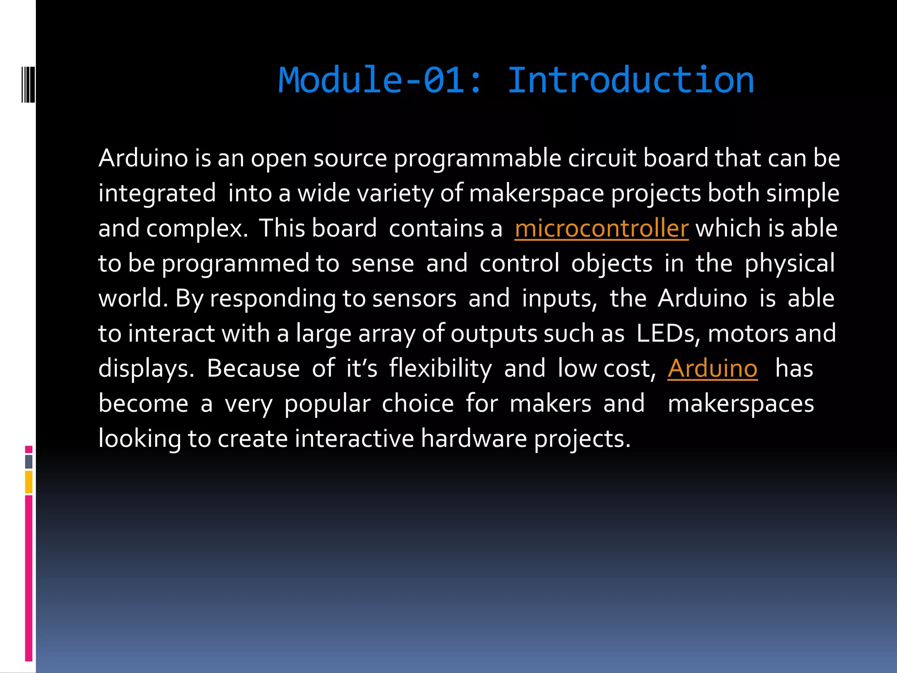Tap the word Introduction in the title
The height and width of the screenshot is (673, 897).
[631, 81]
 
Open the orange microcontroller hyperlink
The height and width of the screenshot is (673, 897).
[601, 229]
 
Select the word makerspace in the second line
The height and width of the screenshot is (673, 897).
[536, 194]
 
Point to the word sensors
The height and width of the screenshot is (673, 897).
[414, 299]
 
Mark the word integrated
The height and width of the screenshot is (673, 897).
[157, 194]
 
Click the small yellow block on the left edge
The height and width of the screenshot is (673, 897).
[29, 482]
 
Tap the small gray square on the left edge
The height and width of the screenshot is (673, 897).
[29, 461]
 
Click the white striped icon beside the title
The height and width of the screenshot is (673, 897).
[28, 85]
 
